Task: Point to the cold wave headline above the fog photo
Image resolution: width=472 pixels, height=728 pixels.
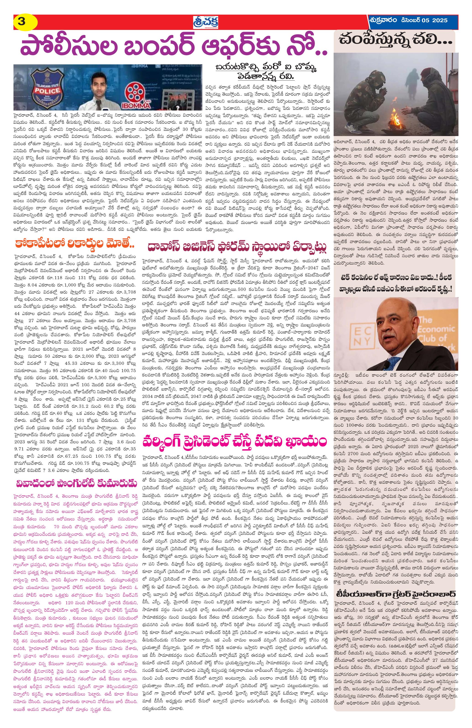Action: pos(395,40)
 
